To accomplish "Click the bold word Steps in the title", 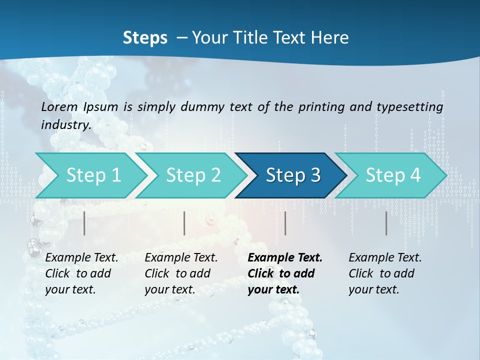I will pos(145,38).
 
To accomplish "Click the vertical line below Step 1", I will pos(84,223).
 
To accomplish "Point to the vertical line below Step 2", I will pos(184,223).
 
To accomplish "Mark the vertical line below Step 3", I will pos(285,223).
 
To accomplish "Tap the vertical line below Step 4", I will pos(386,223).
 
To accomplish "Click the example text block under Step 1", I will pos(81,273).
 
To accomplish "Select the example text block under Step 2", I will pos(181,273).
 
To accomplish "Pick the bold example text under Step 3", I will pos(284,273).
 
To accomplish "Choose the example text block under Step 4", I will pos(385,273).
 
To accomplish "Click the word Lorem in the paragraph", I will pos(59,106).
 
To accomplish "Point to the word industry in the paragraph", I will pos(66,124).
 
